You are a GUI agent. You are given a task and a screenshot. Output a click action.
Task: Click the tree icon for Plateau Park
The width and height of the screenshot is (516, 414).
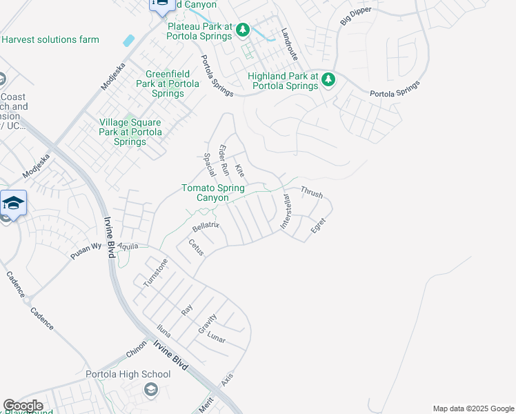(242, 30)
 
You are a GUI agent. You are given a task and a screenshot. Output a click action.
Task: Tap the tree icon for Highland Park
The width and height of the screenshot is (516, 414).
(328, 79)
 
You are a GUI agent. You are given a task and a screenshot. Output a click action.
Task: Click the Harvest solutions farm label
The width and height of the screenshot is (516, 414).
(50, 39)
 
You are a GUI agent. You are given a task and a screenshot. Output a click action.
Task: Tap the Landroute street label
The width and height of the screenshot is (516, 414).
(289, 43)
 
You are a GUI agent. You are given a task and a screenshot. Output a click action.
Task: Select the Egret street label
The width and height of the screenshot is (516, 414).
(318, 225)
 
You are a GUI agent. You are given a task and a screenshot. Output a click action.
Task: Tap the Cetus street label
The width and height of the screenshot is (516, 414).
(196, 247)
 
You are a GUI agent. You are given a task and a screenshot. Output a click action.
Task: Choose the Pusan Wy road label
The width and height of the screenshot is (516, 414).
(86, 250)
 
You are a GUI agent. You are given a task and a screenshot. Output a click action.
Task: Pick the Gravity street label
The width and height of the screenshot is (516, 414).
(208, 324)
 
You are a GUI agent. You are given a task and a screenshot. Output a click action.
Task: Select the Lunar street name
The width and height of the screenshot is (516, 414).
(216, 339)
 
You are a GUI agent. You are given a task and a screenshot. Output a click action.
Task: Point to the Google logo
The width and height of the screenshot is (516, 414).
(23, 406)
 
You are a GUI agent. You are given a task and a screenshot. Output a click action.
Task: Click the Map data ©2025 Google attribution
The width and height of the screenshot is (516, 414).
(473, 408)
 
